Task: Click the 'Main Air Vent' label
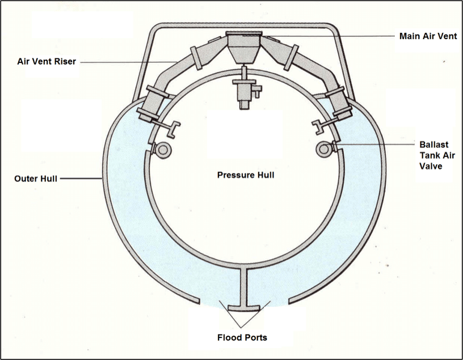click(x=424, y=36)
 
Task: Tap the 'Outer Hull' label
click(x=35, y=179)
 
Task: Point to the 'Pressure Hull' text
click(x=246, y=175)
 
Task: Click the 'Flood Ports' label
click(x=242, y=338)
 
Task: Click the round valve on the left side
click(x=163, y=150)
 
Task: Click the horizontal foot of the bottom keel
click(x=244, y=308)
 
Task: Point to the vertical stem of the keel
click(x=244, y=286)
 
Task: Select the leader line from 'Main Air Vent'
click(x=329, y=36)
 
